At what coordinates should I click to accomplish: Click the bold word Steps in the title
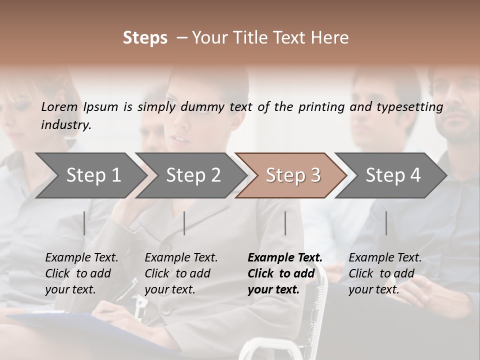(x=145, y=38)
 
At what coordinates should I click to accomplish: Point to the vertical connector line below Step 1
(x=84, y=223)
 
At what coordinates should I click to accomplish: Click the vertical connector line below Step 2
(x=184, y=223)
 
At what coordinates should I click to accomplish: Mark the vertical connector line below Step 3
(x=285, y=223)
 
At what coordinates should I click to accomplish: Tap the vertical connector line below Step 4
(x=386, y=223)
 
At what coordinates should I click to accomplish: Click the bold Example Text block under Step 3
(x=285, y=273)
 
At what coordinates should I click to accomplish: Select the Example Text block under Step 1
(x=81, y=273)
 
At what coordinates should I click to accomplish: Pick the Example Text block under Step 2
(x=181, y=273)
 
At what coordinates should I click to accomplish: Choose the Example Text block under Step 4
(x=385, y=273)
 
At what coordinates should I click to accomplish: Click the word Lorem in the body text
(x=59, y=107)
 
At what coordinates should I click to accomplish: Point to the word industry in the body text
(x=66, y=125)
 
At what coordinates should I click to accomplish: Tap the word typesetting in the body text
(x=412, y=107)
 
